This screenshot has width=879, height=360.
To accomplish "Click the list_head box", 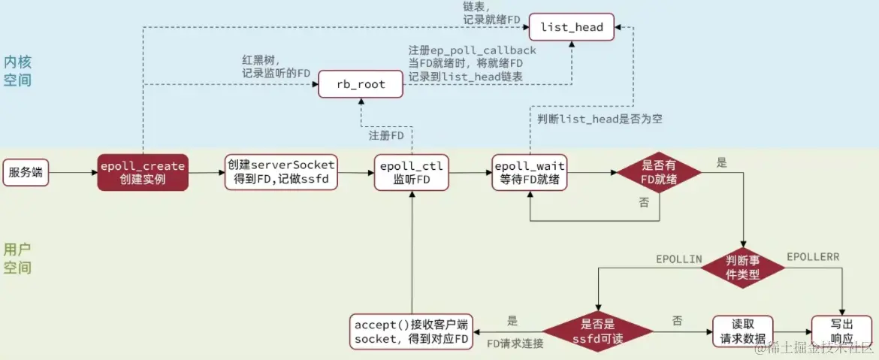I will [x=572, y=27].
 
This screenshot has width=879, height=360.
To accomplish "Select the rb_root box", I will [x=361, y=84].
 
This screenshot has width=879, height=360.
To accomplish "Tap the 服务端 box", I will [x=26, y=172].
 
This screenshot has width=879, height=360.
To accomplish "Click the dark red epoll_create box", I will [x=143, y=172].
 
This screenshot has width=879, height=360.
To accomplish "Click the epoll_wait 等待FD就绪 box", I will [x=530, y=172].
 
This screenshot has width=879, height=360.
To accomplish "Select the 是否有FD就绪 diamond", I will [x=658, y=172].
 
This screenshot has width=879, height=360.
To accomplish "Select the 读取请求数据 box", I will [x=742, y=331].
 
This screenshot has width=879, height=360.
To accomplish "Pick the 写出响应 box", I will [x=841, y=331].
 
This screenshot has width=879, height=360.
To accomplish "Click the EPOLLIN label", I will [x=678, y=259].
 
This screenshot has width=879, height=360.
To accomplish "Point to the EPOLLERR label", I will [x=813, y=257].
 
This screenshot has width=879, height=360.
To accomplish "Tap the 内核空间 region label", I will [x=17, y=71].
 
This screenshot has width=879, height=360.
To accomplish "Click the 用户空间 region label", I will [x=17, y=259].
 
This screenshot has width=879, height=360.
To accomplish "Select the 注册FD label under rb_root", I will [x=386, y=136].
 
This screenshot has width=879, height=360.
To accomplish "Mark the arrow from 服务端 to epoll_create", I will [x=73, y=173].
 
